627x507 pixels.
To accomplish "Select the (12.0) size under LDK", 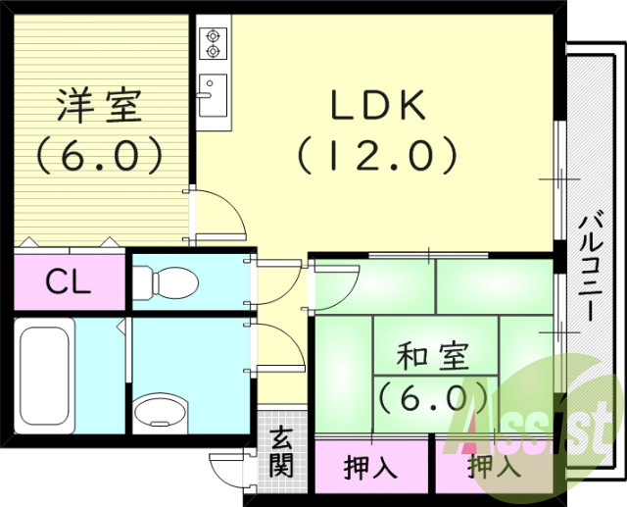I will coord(377,153).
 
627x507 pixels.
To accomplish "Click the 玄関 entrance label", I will coord(281,452).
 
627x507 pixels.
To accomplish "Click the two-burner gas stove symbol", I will coord(213,44).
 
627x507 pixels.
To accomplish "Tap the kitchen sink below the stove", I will coord(213,94).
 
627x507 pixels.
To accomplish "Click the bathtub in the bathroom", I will coord(45,375).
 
